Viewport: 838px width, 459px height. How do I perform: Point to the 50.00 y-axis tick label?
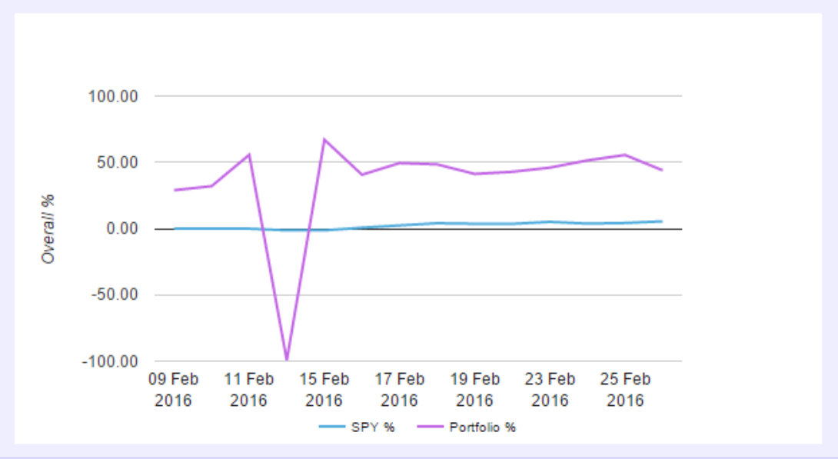[115, 163]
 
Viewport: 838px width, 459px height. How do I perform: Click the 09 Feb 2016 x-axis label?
[173, 390]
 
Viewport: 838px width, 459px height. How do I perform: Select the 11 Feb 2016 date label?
[248, 390]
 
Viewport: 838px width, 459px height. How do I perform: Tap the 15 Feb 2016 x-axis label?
[324, 390]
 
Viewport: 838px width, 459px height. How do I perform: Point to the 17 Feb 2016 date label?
[399, 390]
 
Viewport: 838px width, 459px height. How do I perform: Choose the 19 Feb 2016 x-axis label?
[474, 390]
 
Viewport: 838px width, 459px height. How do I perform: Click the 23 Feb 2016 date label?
[550, 390]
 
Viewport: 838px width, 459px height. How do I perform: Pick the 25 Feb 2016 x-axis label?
[625, 390]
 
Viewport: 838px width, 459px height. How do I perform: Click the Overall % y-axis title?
[48, 229]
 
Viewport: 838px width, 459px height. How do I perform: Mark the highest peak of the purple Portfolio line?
[324, 139]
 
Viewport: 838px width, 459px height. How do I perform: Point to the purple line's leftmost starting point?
[175, 190]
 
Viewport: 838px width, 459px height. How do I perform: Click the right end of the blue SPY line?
[662, 221]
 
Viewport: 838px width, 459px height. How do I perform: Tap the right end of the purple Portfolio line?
[662, 170]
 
